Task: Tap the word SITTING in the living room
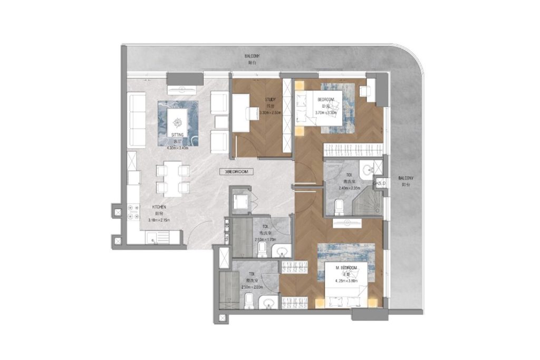[177, 135]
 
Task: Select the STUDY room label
[270, 99]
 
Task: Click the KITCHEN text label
[159, 207]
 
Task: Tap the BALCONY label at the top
[252, 55]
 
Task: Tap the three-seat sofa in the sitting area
[138, 120]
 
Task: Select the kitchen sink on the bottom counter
[157, 240]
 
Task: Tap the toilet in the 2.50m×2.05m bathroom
[250, 300]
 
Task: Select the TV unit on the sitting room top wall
[184, 78]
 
